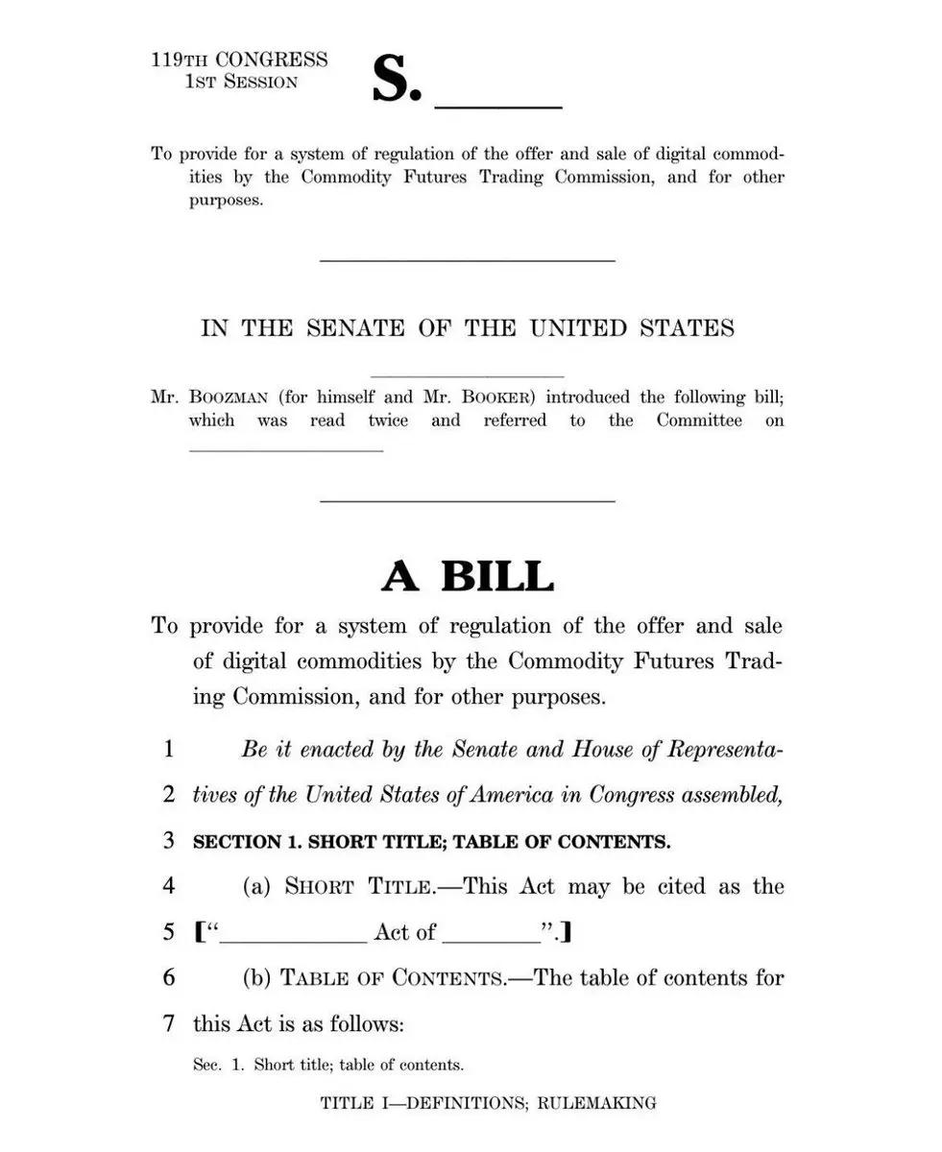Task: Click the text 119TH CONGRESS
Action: pyautogui.click(x=239, y=60)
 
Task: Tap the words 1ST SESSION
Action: pyautogui.click(x=241, y=82)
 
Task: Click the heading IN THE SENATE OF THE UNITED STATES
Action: pyautogui.click(x=468, y=327)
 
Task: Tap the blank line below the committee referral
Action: pyautogui.click(x=286, y=449)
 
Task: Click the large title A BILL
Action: pyautogui.click(x=468, y=576)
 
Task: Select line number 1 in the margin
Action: pyautogui.click(x=169, y=749)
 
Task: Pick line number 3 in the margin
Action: pyautogui.click(x=169, y=841)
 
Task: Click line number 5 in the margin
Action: pyautogui.click(x=169, y=932)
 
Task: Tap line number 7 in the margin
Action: pyautogui.click(x=169, y=1024)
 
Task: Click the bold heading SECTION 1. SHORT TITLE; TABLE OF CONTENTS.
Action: pyautogui.click(x=432, y=842)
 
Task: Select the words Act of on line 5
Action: pyautogui.click(x=404, y=932)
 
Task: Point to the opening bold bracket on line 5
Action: pyautogui.click(x=198, y=932)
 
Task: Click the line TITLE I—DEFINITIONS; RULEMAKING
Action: pyautogui.click(x=488, y=1103)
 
